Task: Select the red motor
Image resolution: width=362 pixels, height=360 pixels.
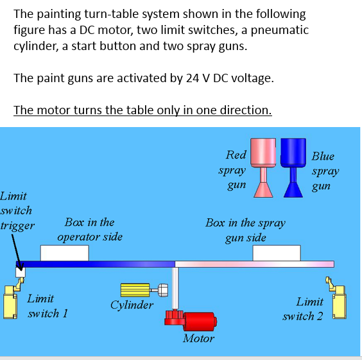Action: [198, 320]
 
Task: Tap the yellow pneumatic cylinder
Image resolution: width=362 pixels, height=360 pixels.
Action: [135, 291]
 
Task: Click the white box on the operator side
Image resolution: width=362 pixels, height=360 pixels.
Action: [64, 253]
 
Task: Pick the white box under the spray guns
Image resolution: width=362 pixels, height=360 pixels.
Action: [277, 253]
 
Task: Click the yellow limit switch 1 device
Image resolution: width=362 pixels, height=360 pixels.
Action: [11, 300]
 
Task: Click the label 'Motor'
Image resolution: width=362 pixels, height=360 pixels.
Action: [198, 338]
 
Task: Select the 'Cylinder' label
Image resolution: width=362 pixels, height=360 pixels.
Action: [132, 305]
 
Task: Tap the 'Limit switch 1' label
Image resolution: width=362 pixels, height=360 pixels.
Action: [48, 306]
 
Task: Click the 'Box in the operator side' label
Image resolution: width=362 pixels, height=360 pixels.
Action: [89, 230]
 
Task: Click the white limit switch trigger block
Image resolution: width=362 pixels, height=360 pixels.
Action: [21, 271]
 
